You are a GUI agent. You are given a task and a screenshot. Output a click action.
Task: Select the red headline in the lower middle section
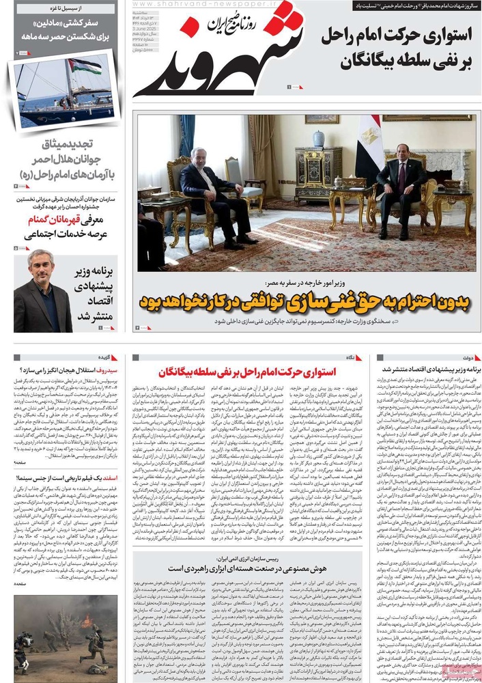(x=246, y=372)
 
